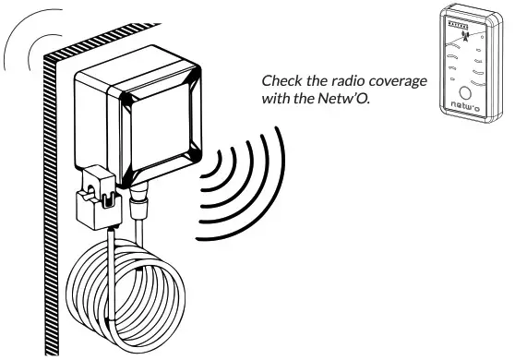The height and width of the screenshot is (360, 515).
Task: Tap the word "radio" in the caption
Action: (354, 82)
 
